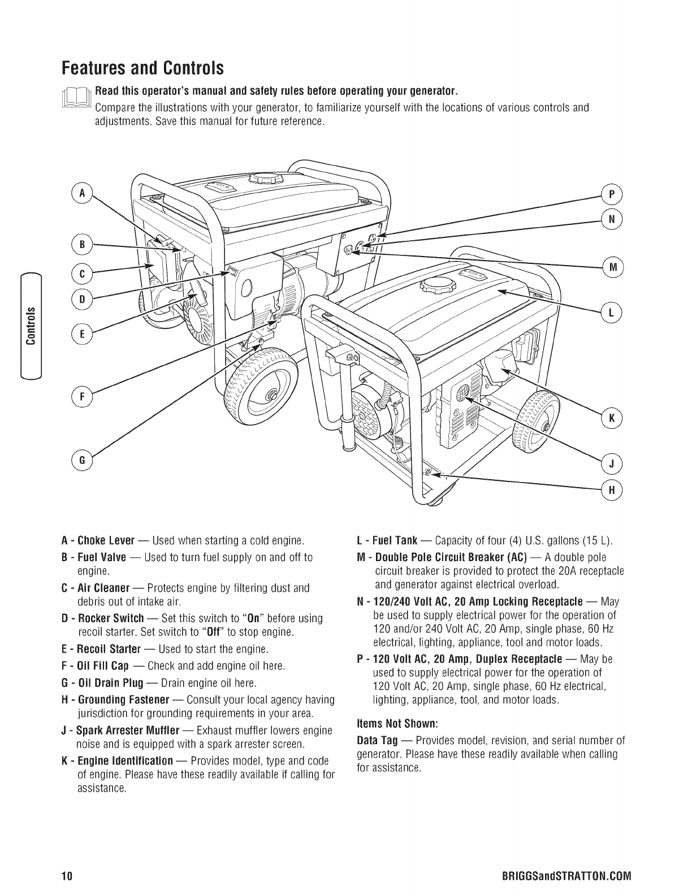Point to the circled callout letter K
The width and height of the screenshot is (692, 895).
[x=611, y=418]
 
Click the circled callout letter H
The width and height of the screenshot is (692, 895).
[x=611, y=490]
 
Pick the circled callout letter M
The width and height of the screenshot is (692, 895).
[x=611, y=266]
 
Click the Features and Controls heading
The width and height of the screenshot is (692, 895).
[x=143, y=69]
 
